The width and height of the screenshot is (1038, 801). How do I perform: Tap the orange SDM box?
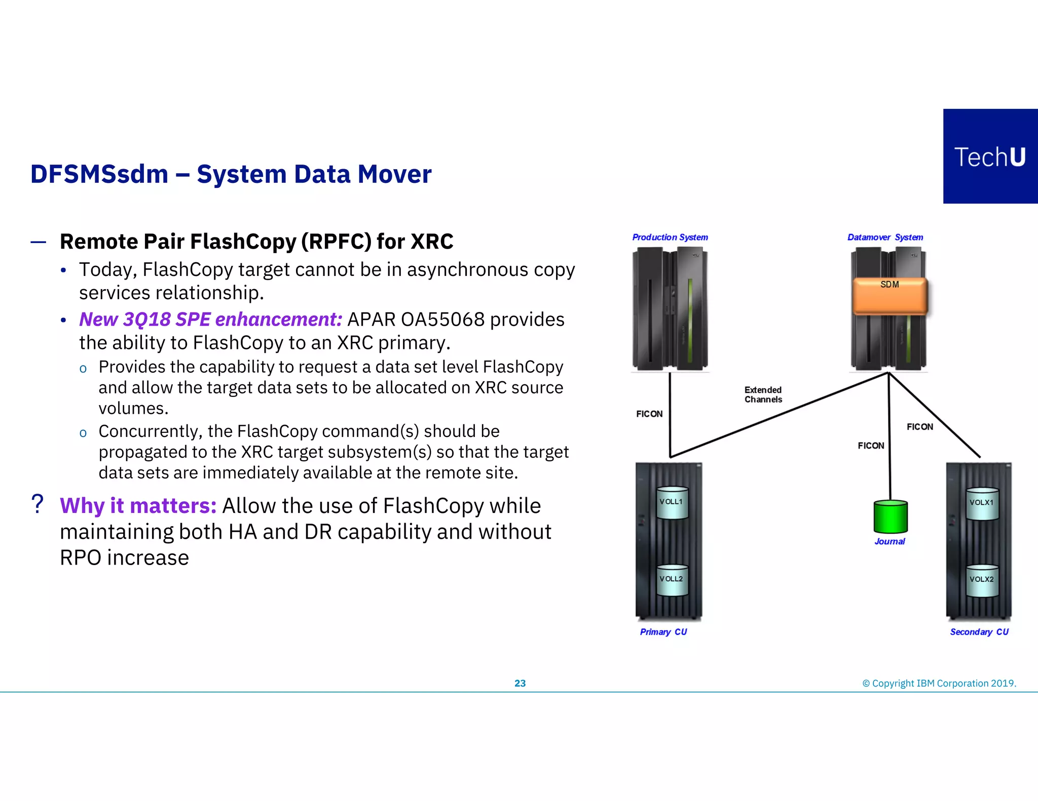tap(889, 296)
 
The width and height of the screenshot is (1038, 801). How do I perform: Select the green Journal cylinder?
tap(891, 517)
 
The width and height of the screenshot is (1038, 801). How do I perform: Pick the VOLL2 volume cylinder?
tap(672, 580)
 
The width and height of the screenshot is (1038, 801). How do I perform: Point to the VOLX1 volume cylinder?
tap(982, 504)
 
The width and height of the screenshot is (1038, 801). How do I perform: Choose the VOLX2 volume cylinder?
tap(982, 580)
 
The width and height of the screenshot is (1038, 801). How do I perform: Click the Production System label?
tap(670, 237)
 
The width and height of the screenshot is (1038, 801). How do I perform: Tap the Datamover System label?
tap(885, 237)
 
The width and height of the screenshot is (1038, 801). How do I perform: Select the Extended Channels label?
tap(763, 394)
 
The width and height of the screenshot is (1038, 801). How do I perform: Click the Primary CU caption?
tap(663, 632)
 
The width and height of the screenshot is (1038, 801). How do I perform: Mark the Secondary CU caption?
tap(979, 632)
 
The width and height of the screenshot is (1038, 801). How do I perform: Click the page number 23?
tap(520, 683)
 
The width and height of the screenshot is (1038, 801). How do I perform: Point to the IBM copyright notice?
tap(939, 683)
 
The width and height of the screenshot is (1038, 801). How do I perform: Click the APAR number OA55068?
tap(442, 319)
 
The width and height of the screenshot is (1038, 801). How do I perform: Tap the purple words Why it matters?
tap(138, 506)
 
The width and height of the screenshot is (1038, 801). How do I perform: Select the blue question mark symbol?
tap(37, 504)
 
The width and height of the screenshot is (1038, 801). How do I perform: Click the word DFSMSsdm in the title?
tap(99, 174)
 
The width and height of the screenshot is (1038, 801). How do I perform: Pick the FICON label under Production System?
tap(649, 414)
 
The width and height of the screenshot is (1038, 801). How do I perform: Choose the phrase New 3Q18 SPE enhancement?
tap(211, 319)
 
